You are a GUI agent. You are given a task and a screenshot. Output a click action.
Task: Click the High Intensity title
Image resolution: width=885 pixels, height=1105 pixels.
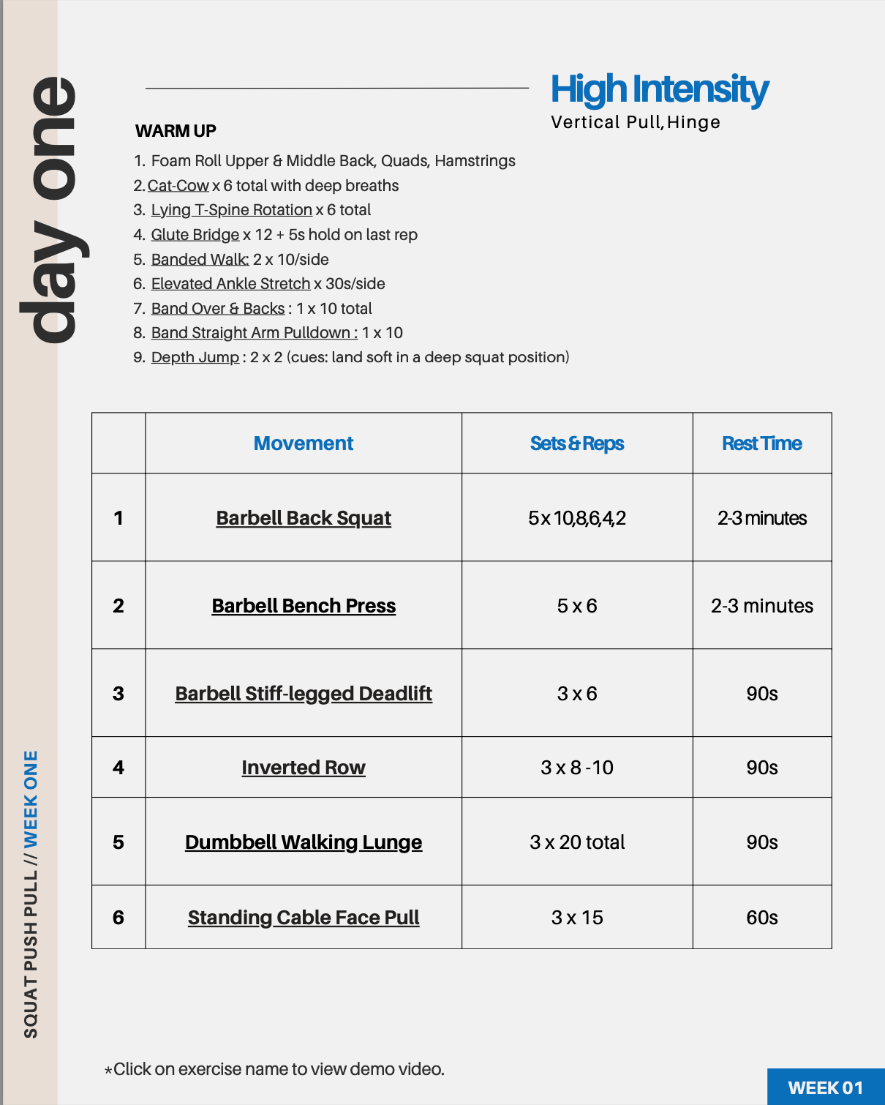click(x=659, y=89)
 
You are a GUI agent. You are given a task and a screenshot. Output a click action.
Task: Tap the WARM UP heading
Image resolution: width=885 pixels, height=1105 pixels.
click(x=176, y=131)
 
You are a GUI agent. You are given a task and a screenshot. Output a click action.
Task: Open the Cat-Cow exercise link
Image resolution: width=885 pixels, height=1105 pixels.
click(x=178, y=186)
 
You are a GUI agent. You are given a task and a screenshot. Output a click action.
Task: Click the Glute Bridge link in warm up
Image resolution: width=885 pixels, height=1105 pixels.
click(x=195, y=235)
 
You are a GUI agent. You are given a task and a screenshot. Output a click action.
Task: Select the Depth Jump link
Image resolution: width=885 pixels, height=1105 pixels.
click(x=195, y=357)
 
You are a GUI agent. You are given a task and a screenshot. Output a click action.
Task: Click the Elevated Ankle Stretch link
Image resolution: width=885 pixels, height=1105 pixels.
click(x=231, y=284)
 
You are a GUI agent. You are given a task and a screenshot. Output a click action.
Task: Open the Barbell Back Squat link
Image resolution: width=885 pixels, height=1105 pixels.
click(x=304, y=518)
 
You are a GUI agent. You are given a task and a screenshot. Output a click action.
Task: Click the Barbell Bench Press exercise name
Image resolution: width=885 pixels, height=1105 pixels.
click(x=304, y=606)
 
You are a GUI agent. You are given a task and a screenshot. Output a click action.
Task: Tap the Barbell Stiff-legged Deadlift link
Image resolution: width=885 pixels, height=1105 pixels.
click(x=304, y=694)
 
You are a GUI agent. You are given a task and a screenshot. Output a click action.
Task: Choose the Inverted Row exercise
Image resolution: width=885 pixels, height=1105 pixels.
click(x=304, y=768)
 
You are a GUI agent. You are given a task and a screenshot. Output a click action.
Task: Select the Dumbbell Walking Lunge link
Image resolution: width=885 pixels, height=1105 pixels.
click(x=304, y=842)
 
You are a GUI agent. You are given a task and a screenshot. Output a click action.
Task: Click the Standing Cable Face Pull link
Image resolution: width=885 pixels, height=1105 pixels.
click(x=304, y=918)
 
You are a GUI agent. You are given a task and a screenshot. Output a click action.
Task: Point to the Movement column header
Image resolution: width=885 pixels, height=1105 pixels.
click(x=304, y=443)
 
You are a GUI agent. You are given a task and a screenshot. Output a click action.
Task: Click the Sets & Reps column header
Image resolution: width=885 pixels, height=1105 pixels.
click(x=577, y=443)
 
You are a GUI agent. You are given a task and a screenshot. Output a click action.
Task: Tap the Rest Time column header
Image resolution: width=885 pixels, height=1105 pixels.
click(x=762, y=443)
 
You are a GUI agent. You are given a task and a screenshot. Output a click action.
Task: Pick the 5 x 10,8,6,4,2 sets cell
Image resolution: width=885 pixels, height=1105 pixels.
click(x=577, y=518)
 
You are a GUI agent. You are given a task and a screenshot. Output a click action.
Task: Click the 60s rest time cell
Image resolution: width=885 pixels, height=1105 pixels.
click(x=762, y=918)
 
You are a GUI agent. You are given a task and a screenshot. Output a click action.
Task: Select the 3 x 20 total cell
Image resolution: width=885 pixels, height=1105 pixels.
click(x=577, y=842)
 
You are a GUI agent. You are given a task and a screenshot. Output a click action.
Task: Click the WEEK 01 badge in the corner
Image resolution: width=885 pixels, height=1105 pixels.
click(x=826, y=1087)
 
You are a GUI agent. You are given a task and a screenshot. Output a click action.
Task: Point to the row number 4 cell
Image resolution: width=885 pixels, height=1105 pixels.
click(x=118, y=768)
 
